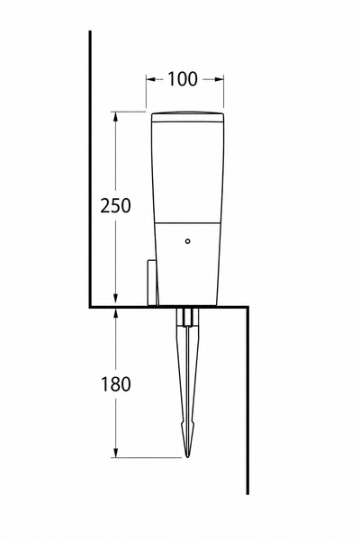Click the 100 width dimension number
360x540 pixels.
click(x=183, y=79)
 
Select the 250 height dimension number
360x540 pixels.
click(x=116, y=205)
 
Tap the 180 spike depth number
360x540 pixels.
click(x=116, y=384)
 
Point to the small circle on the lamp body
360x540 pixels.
click(x=187, y=241)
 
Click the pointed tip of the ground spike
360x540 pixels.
click(x=187, y=457)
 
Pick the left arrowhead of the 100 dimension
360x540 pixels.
click(x=150, y=79)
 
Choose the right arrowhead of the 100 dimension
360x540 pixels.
click(x=220, y=79)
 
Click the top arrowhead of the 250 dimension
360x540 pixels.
click(x=116, y=116)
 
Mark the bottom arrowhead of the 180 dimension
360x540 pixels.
click(x=116, y=453)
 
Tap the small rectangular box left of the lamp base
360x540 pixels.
click(x=152, y=283)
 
